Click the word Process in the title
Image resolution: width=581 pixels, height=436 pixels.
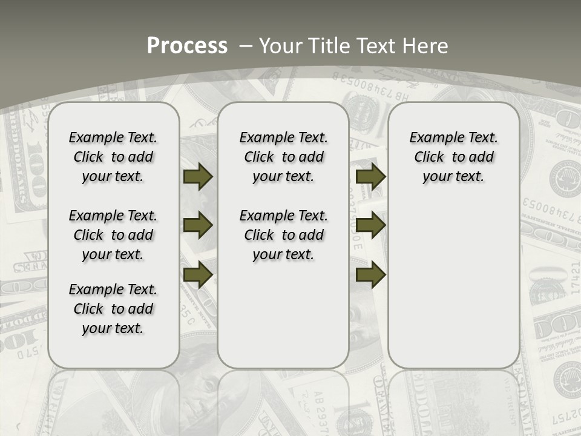tap(187, 46)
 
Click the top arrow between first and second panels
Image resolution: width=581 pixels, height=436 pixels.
tap(198, 177)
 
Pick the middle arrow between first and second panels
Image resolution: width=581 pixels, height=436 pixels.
tap(198, 226)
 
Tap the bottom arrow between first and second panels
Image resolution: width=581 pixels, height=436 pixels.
tap(198, 274)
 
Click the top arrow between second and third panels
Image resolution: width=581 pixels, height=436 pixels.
tap(370, 177)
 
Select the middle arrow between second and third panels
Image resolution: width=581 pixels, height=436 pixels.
tap(370, 226)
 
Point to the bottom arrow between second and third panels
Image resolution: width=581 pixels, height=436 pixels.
tap(370, 274)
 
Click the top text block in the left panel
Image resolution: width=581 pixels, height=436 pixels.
tap(113, 157)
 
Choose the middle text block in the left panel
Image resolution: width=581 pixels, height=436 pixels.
tap(113, 235)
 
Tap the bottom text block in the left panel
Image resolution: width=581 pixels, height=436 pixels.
tap(113, 309)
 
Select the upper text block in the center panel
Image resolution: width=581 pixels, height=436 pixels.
tap(284, 157)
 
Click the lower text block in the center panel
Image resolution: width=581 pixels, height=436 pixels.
tap(284, 235)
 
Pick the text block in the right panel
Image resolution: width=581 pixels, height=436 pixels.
tap(454, 157)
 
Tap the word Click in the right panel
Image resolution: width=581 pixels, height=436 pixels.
tap(429, 157)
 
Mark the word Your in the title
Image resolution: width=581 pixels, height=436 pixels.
tap(281, 46)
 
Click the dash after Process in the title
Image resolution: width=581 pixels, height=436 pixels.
tap(246, 46)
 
